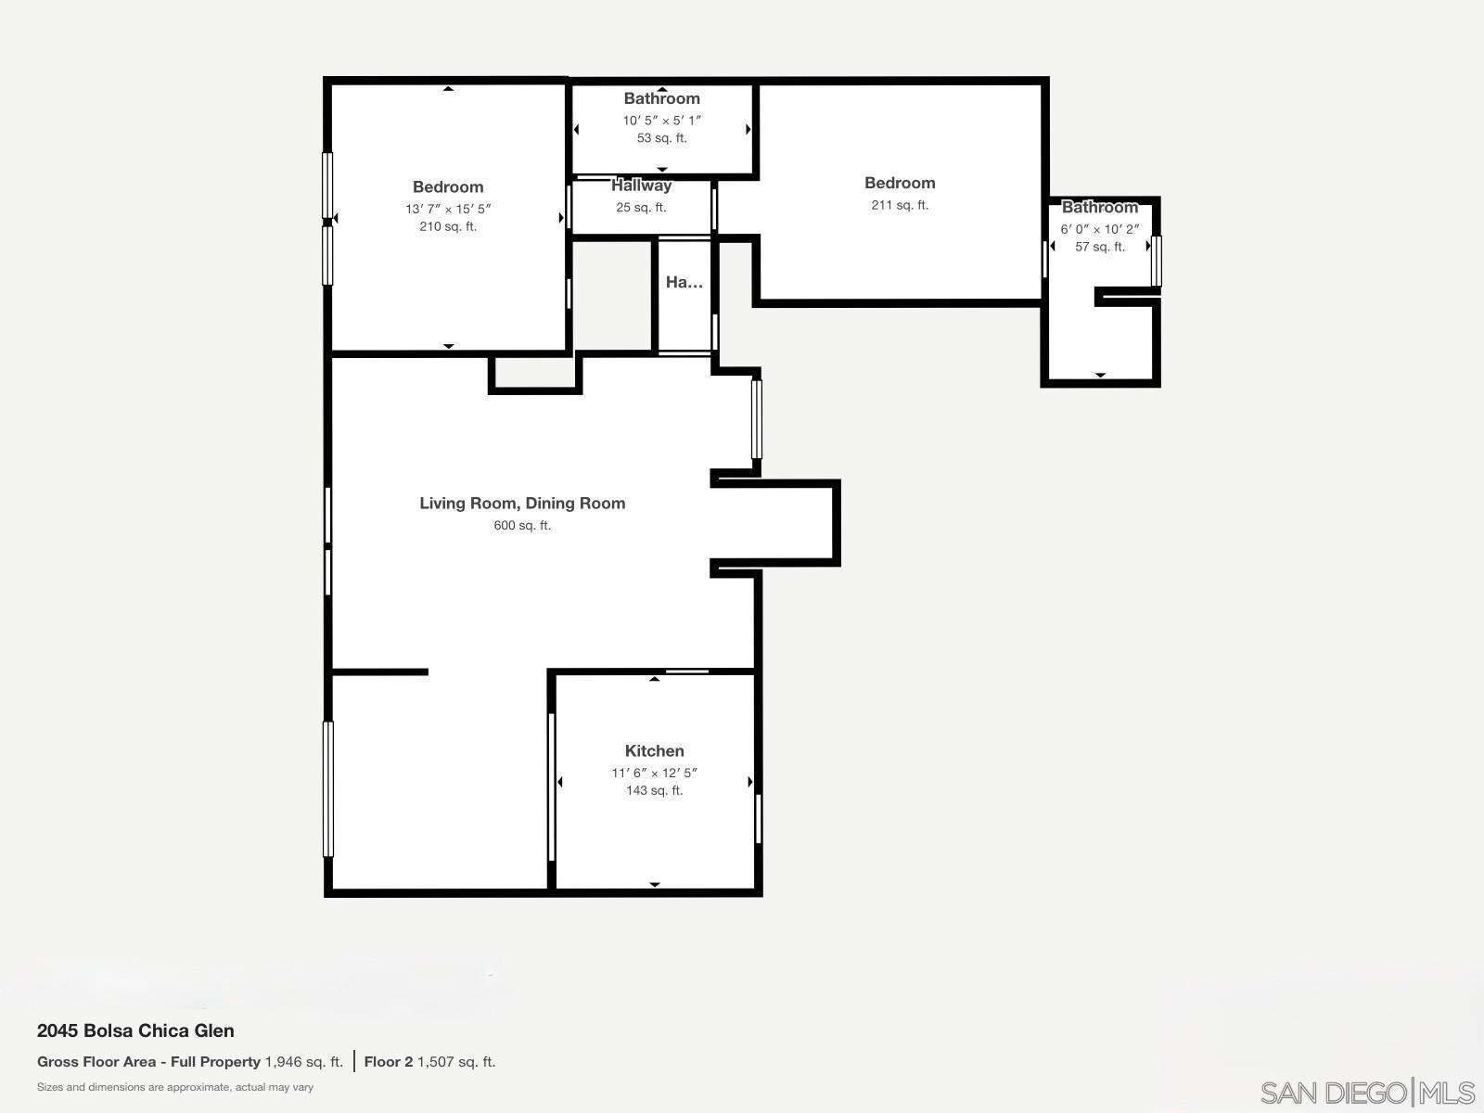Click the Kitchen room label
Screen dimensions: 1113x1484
point(654,751)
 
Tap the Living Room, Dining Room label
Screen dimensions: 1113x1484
point(522,504)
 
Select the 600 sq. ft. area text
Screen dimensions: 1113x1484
point(522,526)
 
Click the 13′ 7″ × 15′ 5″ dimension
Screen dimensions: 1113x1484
point(448,210)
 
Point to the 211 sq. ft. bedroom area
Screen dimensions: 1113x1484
point(900,206)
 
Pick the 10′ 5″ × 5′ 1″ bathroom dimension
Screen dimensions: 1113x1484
point(661,121)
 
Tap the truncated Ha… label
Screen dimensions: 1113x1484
point(684,283)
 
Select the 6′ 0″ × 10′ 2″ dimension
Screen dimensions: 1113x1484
point(1100,229)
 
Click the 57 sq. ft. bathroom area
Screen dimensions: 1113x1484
point(1100,248)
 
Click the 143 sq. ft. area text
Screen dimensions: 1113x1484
point(654,791)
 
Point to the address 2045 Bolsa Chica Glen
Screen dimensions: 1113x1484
point(135,1030)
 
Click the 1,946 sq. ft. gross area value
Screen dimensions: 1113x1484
point(303,1062)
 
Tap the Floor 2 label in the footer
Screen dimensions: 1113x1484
point(388,1062)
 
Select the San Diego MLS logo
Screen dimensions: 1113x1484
point(1367,1092)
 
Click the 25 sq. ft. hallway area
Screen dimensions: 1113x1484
point(641,208)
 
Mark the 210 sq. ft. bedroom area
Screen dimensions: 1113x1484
point(448,227)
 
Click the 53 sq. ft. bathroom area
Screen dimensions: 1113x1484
point(661,138)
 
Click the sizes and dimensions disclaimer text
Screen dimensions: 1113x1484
point(175,1087)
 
